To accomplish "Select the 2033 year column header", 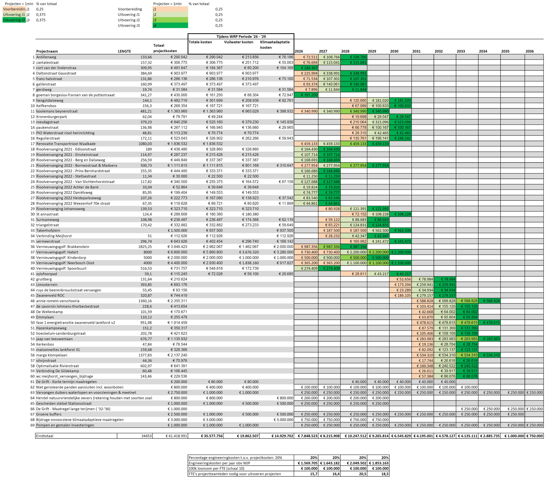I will tap(461, 51).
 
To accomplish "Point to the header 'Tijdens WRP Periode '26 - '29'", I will tap(241, 37).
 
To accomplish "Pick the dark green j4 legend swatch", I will tap(170, 26).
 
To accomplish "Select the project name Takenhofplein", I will tap(48, 230).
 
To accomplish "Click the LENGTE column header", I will tap(124, 51).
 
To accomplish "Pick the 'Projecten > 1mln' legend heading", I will tap(167, 4).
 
